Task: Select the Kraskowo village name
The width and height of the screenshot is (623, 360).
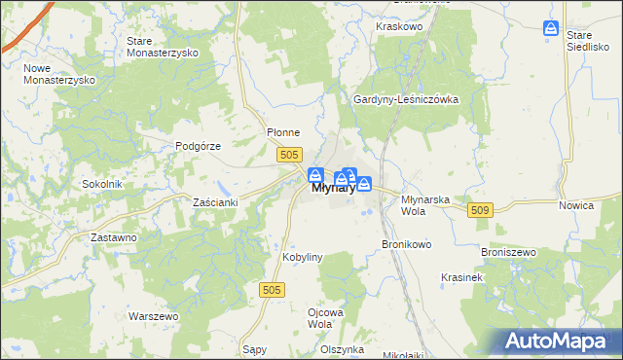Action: [397, 27]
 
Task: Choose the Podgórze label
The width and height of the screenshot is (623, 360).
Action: [200, 146]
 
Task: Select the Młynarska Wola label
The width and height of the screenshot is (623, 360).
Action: [425, 203]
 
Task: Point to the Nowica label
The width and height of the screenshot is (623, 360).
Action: [576, 206]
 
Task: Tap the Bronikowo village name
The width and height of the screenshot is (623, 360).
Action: [406, 244]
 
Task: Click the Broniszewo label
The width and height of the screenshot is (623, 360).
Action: [509, 252]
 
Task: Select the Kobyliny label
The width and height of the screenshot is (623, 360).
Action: [302, 257]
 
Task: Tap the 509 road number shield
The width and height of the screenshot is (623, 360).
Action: [480, 209]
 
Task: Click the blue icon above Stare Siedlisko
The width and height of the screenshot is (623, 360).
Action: [551, 29]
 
